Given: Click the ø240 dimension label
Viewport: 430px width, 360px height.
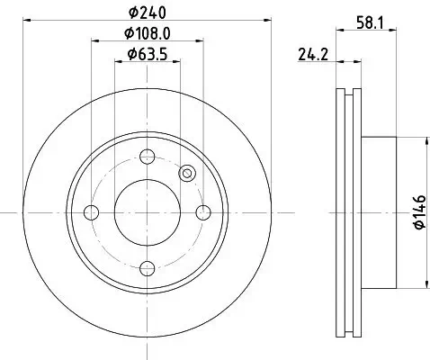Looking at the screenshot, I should (x=148, y=13).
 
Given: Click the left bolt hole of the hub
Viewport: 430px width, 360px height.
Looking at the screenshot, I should (x=90, y=212).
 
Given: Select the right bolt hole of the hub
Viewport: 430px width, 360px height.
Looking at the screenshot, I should (x=204, y=212).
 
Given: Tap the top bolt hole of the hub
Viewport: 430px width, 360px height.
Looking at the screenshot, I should (x=148, y=156).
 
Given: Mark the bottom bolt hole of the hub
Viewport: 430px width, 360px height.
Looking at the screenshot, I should (x=148, y=269).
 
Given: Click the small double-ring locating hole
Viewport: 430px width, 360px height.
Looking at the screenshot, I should (x=187, y=174).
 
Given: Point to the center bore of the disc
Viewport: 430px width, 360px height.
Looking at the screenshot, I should (x=148, y=212).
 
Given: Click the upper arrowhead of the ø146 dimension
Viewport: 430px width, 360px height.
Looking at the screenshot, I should (x=422, y=139).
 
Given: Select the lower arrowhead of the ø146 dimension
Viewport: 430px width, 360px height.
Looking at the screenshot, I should (x=422, y=286).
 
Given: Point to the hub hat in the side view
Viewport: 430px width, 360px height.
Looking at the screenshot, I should (x=378, y=212).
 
